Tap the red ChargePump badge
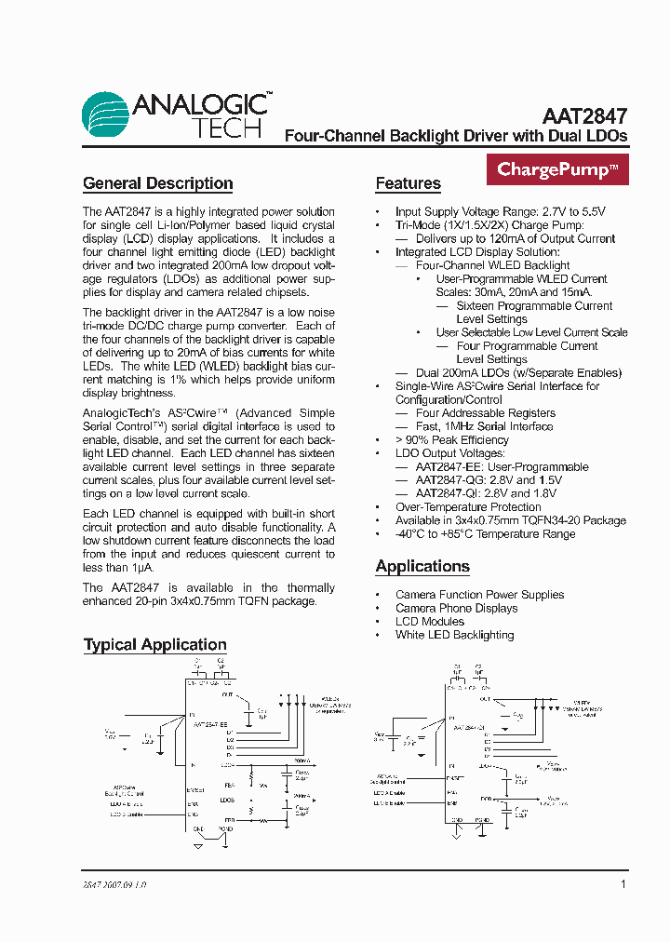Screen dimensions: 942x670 pyautogui.click(x=557, y=169)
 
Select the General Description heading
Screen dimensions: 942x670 pyautogui.click(x=157, y=183)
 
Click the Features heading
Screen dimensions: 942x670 pyautogui.click(x=408, y=183)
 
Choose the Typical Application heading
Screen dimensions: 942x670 pyautogui.click(x=154, y=644)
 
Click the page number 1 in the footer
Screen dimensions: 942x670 pyautogui.click(x=623, y=883)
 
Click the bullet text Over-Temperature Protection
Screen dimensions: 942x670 pyautogui.click(x=468, y=507)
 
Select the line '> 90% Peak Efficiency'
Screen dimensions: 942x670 pyautogui.click(x=452, y=439)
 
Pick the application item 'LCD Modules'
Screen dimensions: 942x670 pyautogui.click(x=430, y=621)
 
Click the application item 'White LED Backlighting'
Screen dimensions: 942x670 pyautogui.click(x=454, y=635)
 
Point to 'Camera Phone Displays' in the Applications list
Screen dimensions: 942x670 pyautogui.click(x=457, y=608)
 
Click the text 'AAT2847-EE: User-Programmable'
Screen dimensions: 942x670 pyautogui.click(x=502, y=466)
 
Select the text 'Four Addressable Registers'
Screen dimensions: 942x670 pyautogui.click(x=485, y=412)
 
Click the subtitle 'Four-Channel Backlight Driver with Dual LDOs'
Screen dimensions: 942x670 pyautogui.click(x=455, y=136)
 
